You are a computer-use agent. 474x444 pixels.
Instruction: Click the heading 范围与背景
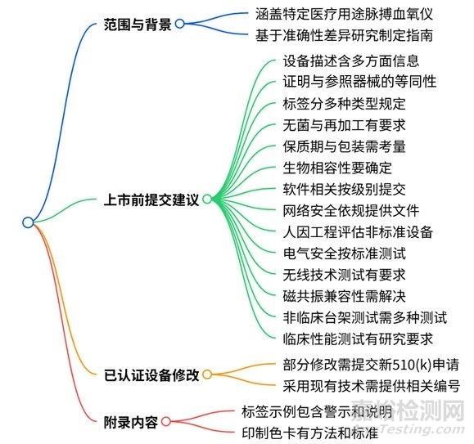[138, 25]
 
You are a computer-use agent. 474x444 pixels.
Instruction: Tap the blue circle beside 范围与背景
[180, 24]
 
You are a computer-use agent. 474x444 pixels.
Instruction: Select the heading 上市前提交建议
[151, 200]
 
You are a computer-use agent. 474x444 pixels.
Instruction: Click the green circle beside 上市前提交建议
[207, 199]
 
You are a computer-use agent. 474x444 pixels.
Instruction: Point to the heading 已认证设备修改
[151, 375]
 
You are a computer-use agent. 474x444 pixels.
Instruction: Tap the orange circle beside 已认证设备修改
[207, 374]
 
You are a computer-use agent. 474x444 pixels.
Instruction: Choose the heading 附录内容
[131, 422]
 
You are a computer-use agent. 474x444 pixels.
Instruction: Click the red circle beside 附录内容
[166, 421]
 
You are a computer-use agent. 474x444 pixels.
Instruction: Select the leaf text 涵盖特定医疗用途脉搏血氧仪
[344, 14]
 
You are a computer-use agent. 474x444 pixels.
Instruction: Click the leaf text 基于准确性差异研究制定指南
[344, 35]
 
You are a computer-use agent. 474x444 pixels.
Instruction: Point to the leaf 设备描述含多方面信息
[351, 61]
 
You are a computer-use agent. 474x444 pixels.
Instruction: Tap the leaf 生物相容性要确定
[337, 168]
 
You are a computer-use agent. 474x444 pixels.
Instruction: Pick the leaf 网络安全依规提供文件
[351, 211]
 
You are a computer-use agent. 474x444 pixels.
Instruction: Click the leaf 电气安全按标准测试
[345, 253]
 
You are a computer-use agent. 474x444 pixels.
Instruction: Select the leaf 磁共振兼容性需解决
[345, 296]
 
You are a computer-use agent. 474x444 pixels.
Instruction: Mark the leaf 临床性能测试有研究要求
[358, 339]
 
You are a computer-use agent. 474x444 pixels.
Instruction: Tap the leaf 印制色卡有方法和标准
[309, 433]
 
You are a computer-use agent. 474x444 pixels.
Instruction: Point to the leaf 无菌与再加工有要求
[345, 125]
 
